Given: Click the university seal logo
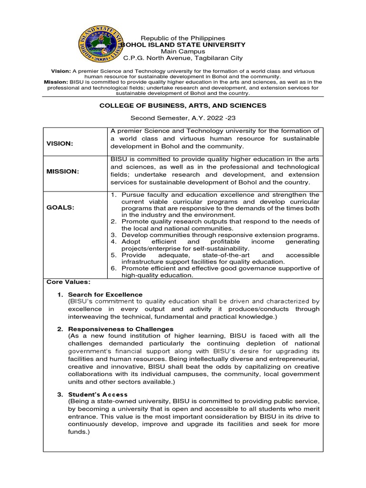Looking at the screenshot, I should (x=101, y=44).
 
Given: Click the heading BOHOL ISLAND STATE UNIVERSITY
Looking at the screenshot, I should (x=183, y=45).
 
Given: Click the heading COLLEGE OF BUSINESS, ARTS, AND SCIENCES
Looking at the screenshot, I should (x=183, y=105).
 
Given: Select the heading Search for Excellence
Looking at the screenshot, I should (x=105, y=295).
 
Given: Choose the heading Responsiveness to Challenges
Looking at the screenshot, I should (x=121, y=329).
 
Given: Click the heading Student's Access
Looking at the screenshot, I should (x=98, y=394).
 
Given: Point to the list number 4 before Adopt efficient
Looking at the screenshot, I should (x=114, y=242).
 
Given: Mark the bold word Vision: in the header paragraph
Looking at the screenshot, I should (x=61, y=71).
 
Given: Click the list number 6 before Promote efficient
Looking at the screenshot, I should (x=114, y=268).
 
